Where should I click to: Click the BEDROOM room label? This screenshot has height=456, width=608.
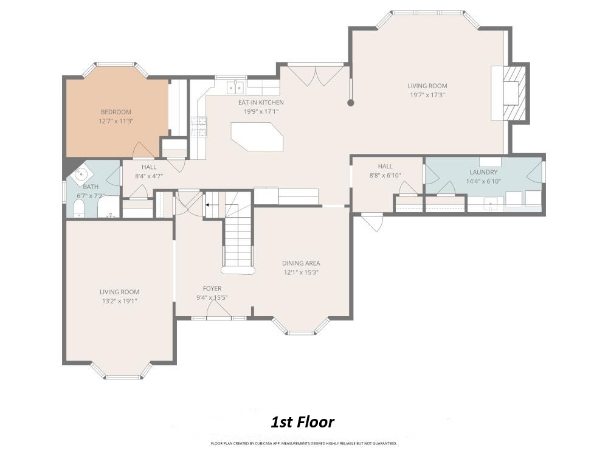click(x=116, y=112)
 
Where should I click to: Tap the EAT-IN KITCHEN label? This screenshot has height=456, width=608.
click(x=261, y=102)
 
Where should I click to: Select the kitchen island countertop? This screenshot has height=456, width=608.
click(x=257, y=136)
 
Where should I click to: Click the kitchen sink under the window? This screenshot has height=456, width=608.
click(x=235, y=88)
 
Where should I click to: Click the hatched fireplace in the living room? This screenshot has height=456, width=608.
click(x=514, y=93)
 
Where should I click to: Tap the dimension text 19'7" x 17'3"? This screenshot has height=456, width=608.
click(x=427, y=95)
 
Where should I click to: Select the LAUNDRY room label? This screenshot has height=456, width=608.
click(x=483, y=172)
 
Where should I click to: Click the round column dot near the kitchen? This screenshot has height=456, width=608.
click(x=351, y=103)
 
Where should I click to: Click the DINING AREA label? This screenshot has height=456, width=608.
click(x=301, y=263)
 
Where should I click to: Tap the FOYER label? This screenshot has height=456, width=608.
click(x=212, y=288)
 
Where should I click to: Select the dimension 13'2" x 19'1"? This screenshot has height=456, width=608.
click(x=119, y=301)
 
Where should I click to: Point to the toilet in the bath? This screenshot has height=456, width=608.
click(x=78, y=209)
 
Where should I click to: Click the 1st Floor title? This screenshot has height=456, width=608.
click(x=302, y=422)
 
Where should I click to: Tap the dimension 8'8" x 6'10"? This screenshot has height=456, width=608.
click(x=385, y=175)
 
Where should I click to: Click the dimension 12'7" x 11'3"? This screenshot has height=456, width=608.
click(x=116, y=121)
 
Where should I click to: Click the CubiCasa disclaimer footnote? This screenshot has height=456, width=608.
click(x=303, y=443)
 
